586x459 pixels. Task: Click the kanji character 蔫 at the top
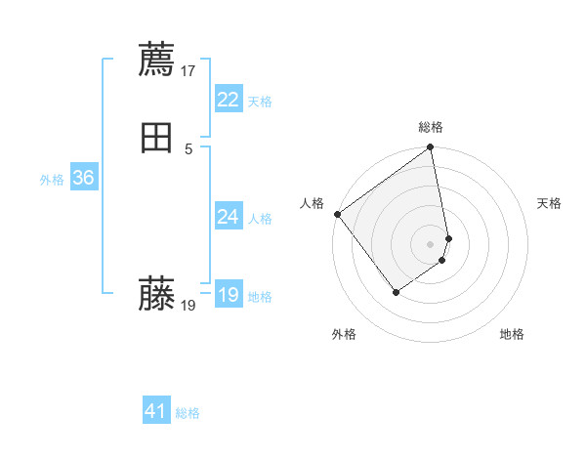[157, 60]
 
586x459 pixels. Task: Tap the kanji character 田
[157, 138]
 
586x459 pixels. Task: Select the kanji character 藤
[157, 294]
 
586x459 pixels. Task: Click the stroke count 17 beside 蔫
[188, 70]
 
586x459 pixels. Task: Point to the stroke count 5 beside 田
[188, 148]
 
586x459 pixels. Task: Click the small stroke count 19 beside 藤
[188, 305]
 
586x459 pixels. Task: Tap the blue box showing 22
[228, 100]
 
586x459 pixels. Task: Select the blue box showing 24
[228, 217]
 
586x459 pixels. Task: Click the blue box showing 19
[228, 295]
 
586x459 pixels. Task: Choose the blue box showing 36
[83, 178]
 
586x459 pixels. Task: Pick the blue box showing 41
[156, 411]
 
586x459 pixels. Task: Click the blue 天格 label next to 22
[260, 102]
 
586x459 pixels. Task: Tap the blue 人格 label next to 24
[260, 219]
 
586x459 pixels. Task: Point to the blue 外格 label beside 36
[52, 180]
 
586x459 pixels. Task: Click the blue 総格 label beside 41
[188, 413]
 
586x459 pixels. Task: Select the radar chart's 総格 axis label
[431, 127]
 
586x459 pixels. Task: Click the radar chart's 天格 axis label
[550, 203]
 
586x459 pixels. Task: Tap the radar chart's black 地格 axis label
[512, 334]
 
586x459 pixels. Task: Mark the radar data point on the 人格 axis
[337, 214]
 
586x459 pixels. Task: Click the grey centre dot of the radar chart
[431, 243]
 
